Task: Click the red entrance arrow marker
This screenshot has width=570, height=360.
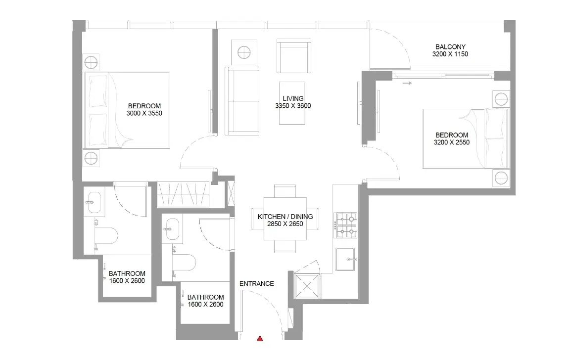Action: [x=260, y=339]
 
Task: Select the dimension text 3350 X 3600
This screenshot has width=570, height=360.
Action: [x=293, y=106]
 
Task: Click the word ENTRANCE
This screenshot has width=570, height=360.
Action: [x=256, y=284]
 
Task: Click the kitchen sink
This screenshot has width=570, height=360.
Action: [x=346, y=259]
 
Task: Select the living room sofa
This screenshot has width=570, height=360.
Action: [x=242, y=100]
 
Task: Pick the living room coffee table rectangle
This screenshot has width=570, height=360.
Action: [x=293, y=102]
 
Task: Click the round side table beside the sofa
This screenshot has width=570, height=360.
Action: [x=244, y=52]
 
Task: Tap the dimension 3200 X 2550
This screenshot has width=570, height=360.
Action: [x=451, y=142]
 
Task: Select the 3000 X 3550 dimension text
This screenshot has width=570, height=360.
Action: [x=144, y=113]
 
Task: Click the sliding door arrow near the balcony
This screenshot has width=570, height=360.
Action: [x=407, y=83]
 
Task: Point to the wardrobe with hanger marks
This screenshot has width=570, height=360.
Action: [x=183, y=194]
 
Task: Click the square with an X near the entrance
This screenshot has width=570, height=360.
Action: [x=307, y=287]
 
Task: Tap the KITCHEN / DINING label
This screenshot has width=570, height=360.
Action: [x=285, y=217]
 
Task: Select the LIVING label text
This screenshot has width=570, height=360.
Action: [x=293, y=98]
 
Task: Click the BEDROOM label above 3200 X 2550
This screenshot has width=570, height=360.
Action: [x=451, y=135]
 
